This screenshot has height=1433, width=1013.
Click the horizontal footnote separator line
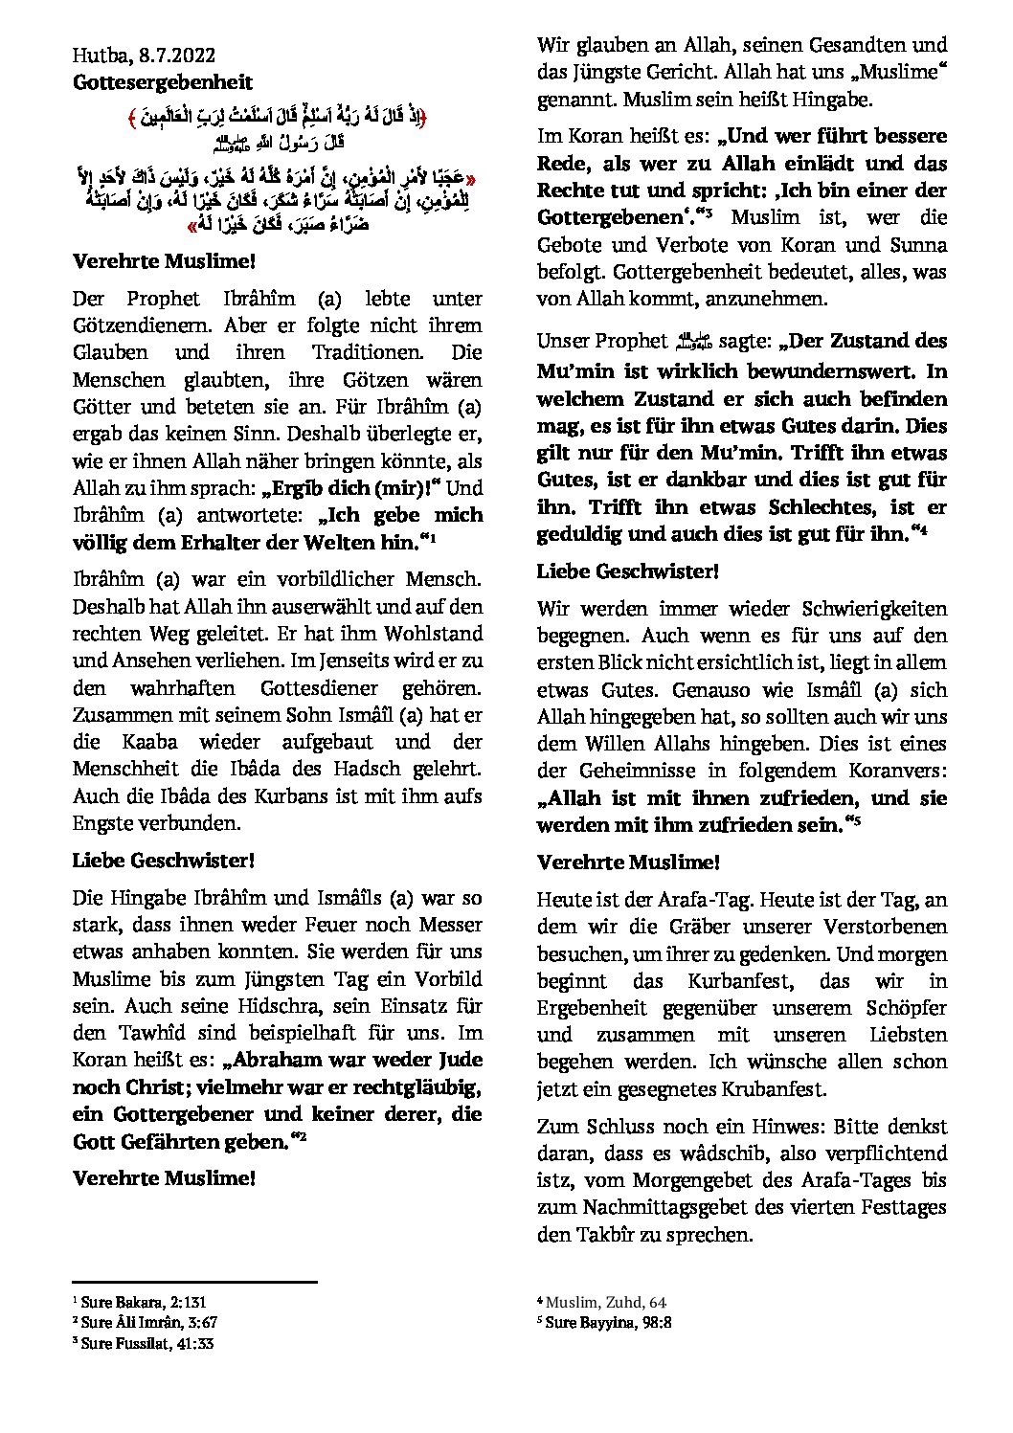194,1281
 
